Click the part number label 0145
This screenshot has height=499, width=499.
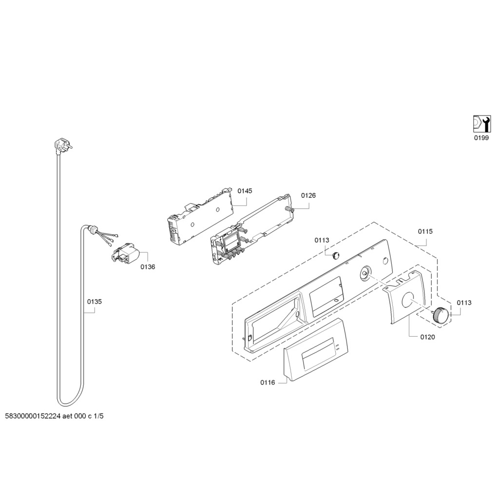245,191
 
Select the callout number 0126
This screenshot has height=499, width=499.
308,195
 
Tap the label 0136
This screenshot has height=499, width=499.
148,267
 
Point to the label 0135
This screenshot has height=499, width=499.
95,301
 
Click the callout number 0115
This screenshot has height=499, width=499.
425,231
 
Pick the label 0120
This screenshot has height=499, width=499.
427,337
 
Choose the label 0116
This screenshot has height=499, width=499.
268,383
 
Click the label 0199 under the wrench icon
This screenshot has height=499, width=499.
481,138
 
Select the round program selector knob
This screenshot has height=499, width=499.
441,315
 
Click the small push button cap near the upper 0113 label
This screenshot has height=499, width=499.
335,255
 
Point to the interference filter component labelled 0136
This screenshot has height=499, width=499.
126,255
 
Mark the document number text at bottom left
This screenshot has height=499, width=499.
55,416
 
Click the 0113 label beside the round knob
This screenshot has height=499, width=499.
464,303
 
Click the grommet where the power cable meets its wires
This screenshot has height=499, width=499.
93,228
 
